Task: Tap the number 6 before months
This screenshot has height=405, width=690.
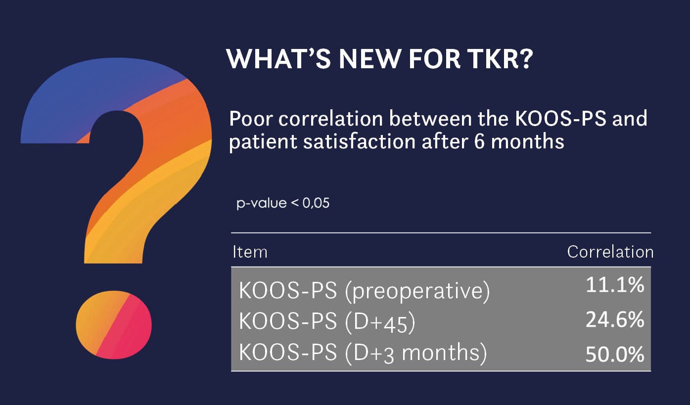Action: pos(479,142)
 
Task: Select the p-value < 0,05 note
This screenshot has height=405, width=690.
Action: pos(283,203)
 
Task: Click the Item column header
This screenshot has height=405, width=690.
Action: pos(250,252)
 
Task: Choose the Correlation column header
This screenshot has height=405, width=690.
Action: pos(610,252)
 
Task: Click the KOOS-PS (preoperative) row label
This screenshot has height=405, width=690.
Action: pos(364,291)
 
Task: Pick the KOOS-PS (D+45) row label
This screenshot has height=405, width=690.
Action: pos(327,322)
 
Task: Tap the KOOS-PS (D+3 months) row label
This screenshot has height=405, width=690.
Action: pos(363,353)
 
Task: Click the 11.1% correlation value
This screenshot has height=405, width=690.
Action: pos(615,284)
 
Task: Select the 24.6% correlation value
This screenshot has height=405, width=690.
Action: pos(615,319)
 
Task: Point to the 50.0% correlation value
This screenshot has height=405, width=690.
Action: pos(615,355)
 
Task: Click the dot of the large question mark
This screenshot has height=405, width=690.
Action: pos(114,325)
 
